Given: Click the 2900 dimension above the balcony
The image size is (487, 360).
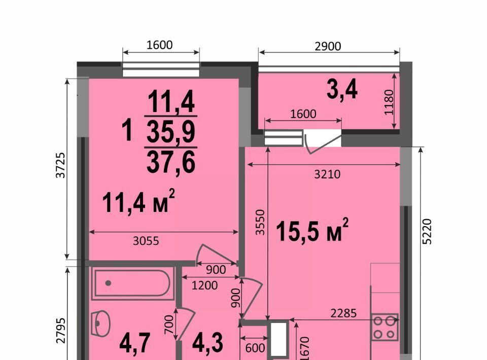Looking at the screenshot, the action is click(328, 46).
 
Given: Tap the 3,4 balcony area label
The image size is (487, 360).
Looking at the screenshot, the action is click(342, 90).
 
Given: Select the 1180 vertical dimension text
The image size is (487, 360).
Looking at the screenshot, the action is click(389, 102).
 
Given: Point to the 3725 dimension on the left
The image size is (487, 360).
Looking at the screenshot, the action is click(60, 165).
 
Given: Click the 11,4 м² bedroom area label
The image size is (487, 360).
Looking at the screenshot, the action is click(138, 202).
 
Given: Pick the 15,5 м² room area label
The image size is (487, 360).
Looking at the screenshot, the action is click(312, 230).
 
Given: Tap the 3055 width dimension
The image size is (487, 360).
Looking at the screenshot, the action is click(146, 241).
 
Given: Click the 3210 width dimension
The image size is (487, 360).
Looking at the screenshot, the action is click(327, 174).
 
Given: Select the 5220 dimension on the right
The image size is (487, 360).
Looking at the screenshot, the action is click(427, 232).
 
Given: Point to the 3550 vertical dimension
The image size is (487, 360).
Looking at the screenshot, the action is click(260, 222).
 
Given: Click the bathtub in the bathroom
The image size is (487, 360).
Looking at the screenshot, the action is click(132, 283).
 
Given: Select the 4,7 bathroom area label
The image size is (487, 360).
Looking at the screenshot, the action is click(135, 343).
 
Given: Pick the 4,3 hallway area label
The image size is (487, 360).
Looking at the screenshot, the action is click(208, 343).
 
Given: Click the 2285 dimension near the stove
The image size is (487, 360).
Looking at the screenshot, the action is click(343, 313).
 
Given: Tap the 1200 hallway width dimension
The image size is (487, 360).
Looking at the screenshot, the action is click(204, 285).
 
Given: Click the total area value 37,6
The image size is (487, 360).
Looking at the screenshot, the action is click(171, 163).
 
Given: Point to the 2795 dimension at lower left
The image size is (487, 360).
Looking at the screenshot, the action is click(61, 331).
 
